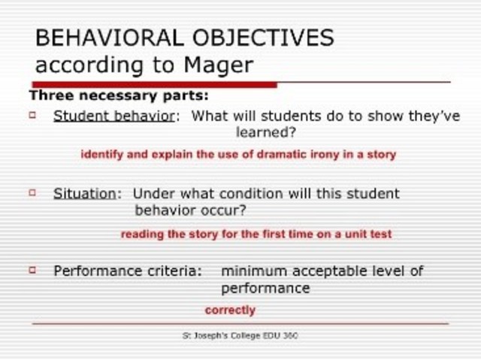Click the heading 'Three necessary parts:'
tap(119, 96)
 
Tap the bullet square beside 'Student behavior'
tap(32, 115)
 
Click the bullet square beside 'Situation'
tap(32, 192)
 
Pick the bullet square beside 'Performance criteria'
tap(32, 269)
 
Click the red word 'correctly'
tap(230, 310)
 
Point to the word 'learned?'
tap(265, 133)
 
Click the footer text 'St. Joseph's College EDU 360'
tap(240, 335)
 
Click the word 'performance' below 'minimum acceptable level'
tap(265, 288)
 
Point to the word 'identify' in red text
tap(101, 155)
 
